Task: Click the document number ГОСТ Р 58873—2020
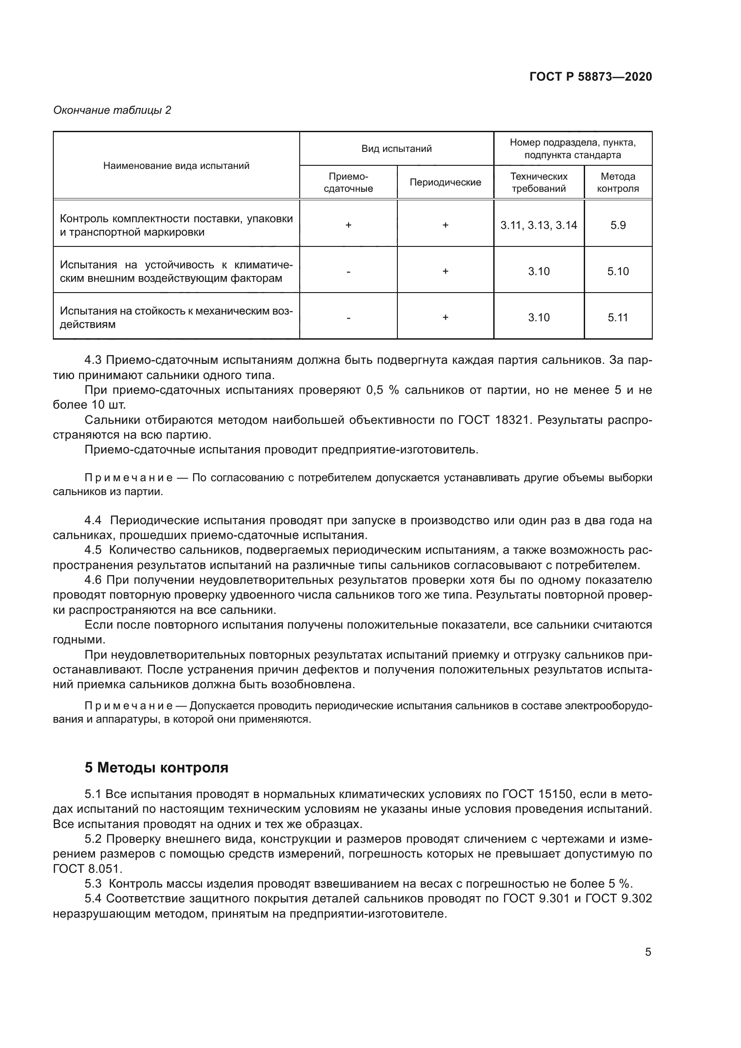point(590,77)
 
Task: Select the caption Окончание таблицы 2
point(112,110)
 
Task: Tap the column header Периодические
point(445,182)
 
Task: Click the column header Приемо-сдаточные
point(348,182)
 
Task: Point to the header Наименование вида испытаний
point(176,166)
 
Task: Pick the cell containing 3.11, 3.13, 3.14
point(539,225)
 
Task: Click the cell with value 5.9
point(618,225)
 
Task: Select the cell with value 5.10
point(618,272)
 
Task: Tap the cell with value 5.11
point(618,318)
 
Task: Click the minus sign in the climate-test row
point(348,272)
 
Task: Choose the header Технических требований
point(539,182)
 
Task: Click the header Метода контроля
point(618,182)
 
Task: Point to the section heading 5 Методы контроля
point(156,768)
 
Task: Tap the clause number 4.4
point(93,520)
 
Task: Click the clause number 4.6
point(93,580)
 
